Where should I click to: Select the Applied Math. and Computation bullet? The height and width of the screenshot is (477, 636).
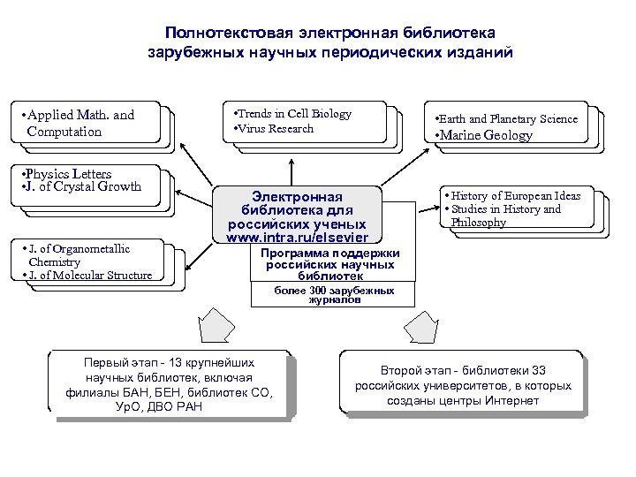[80, 124]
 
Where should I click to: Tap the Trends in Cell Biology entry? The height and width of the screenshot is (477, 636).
[292, 114]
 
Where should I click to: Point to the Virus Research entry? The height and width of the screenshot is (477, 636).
[273, 129]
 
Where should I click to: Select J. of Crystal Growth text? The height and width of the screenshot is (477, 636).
[82, 186]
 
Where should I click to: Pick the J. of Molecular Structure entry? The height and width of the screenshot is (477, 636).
[87, 276]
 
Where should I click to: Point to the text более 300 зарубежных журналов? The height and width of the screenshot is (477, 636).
[322, 295]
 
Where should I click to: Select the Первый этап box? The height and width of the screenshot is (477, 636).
[169, 384]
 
